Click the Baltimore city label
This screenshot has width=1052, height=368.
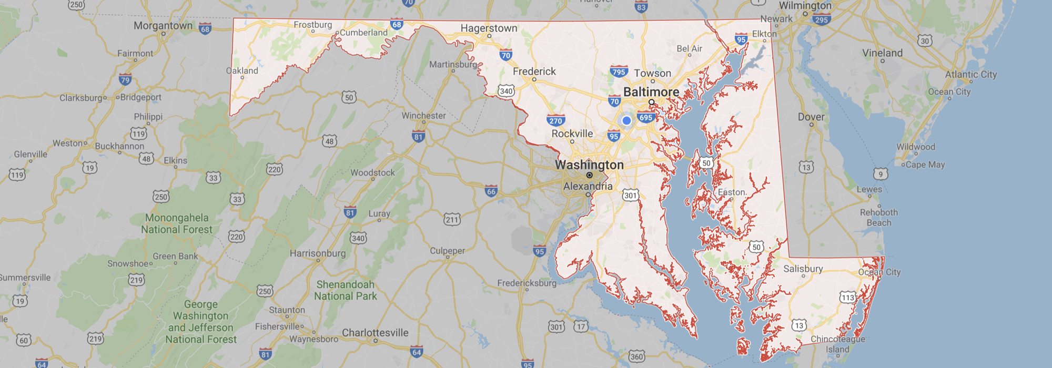click(x=651, y=92)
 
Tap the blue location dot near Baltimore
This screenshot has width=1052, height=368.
click(x=626, y=120)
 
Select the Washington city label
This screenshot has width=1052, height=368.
click(x=589, y=165)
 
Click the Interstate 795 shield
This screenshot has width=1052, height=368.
click(x=619, y=72)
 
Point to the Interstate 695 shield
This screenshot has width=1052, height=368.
click(x=646, y=117)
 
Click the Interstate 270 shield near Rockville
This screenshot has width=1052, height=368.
click(x=556, y=120)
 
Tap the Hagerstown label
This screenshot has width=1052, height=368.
click(x=489, y=28)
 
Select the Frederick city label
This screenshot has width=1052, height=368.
click(x=534, y=71)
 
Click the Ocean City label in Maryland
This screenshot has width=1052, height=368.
click(x=879, y=272)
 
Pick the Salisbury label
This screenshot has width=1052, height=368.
click(x=803, y=269)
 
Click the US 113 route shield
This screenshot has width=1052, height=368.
click(x=847, y=298)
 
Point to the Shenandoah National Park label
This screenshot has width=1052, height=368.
click(x=346, y=290)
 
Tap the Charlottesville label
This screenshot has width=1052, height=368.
click(x=375, y=333)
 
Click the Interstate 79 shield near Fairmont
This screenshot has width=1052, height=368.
click(x=125, y=80)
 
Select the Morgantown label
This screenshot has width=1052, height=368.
click(x=163, y=26)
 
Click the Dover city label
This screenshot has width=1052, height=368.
click(x=811, y=117)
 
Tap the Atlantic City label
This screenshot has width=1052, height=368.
click(x=971, y=74)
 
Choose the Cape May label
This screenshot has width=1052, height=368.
click(x=925, y=165)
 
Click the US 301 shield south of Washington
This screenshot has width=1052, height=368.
click(x=630, y=196)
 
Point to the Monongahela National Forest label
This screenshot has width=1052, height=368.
click(x=177, y=223)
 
